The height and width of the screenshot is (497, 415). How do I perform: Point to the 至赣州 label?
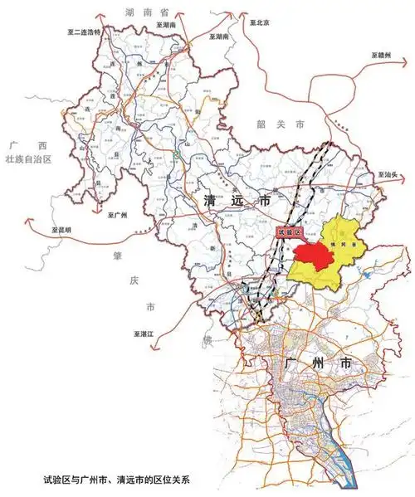tap(382, 56)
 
